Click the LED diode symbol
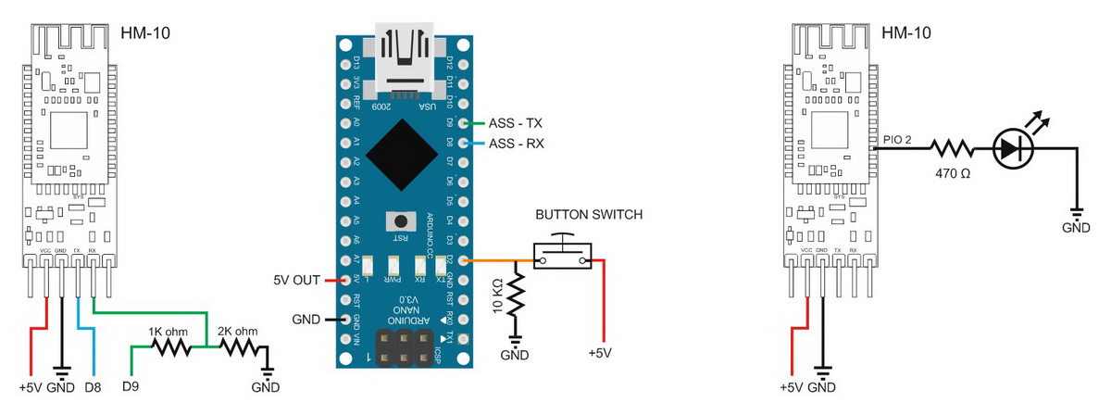(1011, 148)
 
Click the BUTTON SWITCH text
(589, 215)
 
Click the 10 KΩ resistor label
(497, 296)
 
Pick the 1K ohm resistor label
(169, 330)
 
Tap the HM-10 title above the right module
(907, 33)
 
